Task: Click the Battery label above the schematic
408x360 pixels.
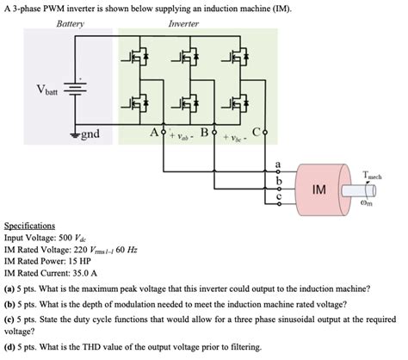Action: pos(70,24)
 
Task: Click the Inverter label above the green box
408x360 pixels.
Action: pos(183,24)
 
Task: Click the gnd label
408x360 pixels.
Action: pos(90,135)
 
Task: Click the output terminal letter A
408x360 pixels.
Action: pos(153,133)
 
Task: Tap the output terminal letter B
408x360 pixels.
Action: pos(203,133)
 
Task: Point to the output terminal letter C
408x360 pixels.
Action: pos(256,133)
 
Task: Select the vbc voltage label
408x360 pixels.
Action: pos(231,137)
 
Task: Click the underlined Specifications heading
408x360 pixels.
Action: pos(29,222)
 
